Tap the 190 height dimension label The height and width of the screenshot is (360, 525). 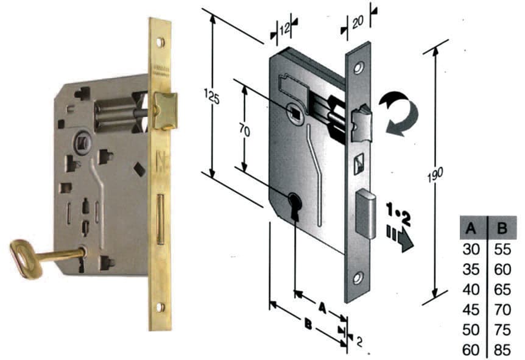point(435,174)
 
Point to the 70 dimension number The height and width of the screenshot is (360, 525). point(244,130)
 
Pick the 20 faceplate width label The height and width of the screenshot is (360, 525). point(358,22)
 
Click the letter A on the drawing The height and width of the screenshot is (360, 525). point(322,308)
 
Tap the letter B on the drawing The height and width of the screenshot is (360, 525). point(308,323)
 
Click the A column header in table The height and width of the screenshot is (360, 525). point(471,228)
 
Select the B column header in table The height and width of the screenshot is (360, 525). point(502,228)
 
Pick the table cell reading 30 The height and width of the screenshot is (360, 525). point(471,250)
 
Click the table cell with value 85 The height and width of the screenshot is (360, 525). point(502,350)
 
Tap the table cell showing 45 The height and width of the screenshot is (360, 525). point(471,310)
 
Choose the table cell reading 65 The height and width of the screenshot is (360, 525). point(502,290)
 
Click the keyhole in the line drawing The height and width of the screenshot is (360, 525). point(295,204)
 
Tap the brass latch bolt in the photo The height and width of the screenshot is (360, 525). point(164,110)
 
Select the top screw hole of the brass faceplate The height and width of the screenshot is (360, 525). point(160,42)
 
